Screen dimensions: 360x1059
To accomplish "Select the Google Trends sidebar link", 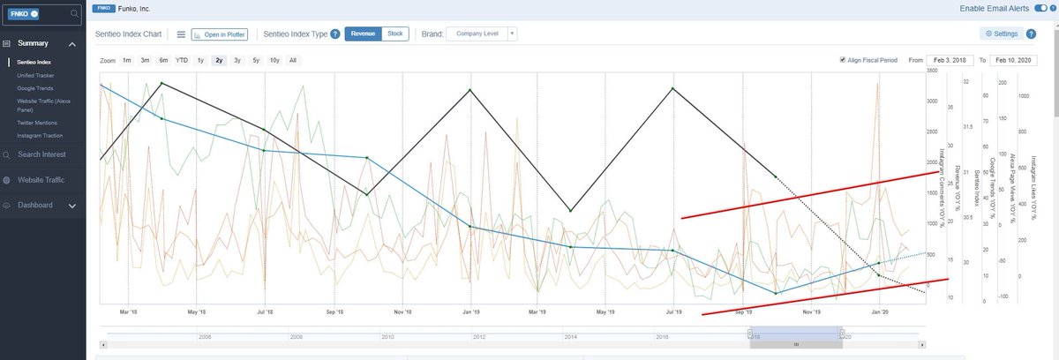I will point(35,88).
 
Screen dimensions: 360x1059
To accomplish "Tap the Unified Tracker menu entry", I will point(36,76).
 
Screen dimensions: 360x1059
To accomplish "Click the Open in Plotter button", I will point(220,34).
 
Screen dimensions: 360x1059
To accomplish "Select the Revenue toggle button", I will point(362,34).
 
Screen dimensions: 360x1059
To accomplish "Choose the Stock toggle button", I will point(395,34).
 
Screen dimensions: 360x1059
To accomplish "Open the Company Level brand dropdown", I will point(482,34).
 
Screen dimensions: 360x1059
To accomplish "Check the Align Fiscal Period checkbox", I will point(844,60).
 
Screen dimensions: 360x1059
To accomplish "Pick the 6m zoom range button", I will point(163,60).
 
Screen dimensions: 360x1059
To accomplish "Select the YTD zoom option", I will point(182,60).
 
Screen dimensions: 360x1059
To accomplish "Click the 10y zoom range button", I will point(274,60).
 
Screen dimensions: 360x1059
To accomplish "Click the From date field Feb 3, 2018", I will point(948,60).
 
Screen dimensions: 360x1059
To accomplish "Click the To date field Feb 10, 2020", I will point(1012,60).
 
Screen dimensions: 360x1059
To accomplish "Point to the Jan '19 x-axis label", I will point(470,311).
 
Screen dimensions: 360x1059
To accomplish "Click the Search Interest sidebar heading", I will point(48,155).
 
